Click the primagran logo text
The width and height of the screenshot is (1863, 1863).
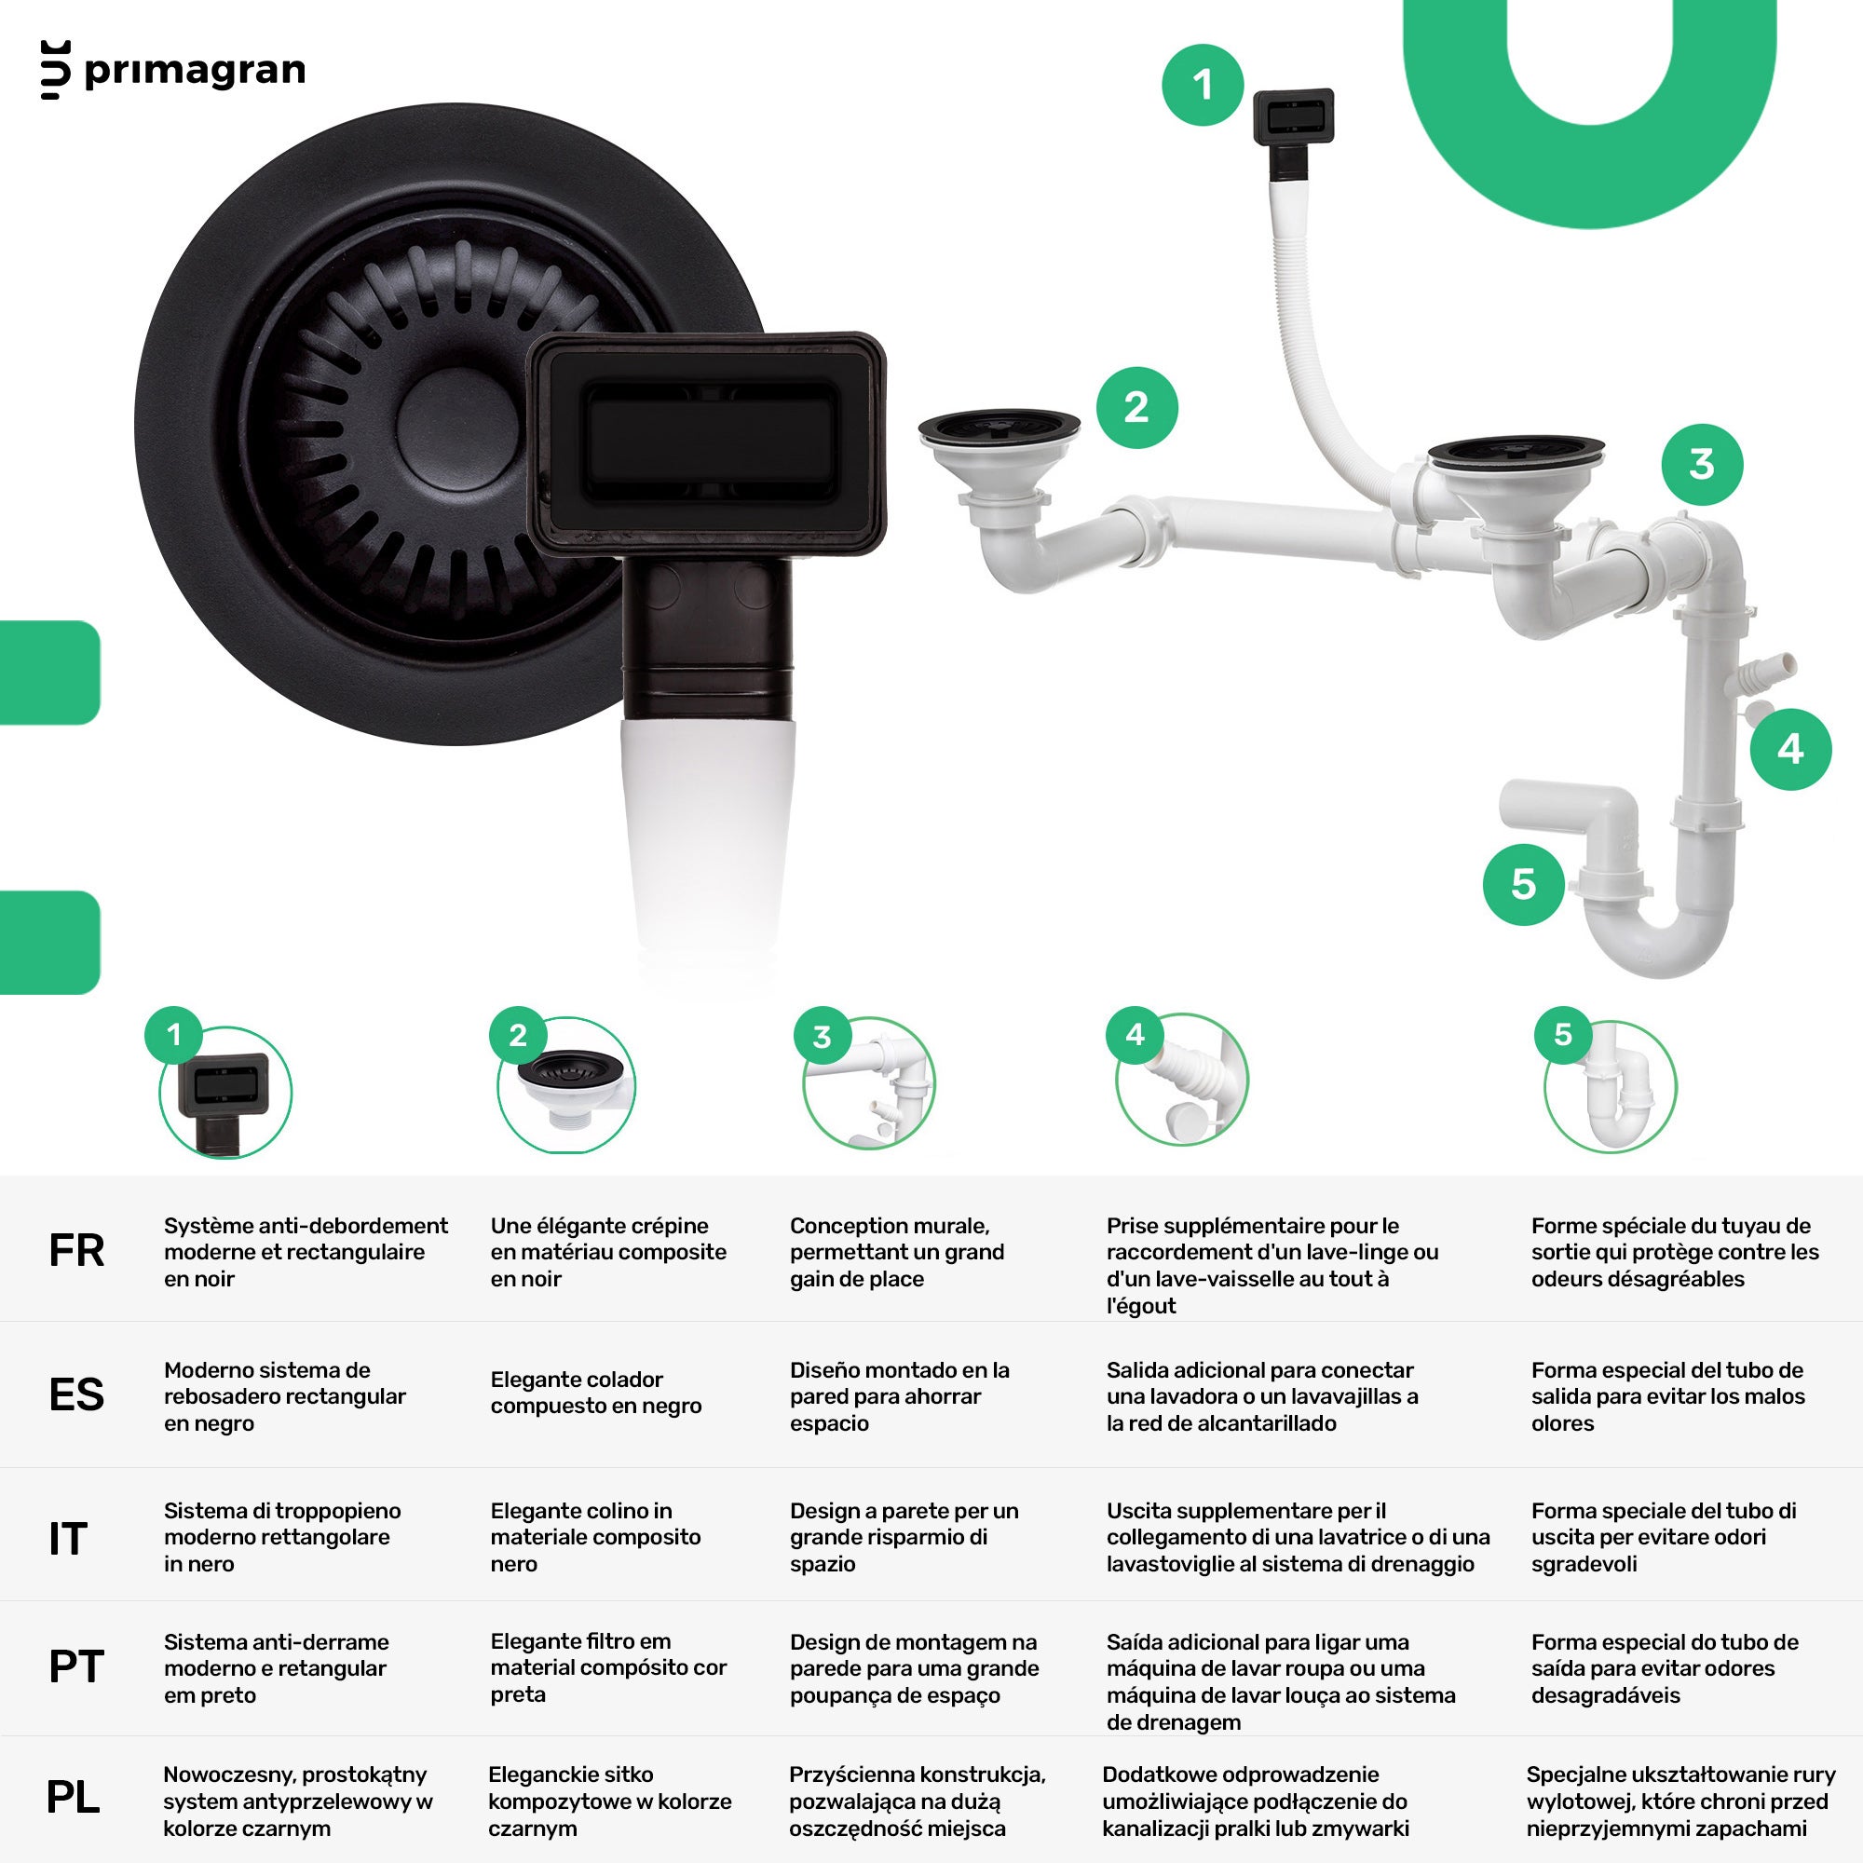click(x=195, y=72)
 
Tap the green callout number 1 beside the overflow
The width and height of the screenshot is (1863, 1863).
click(x=1203, y=85)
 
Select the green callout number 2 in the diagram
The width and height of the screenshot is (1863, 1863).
click(x=1136, y=408)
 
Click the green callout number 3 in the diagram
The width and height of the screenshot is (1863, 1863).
click(x=1702, y=465)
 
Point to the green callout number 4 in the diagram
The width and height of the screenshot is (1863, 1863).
click(x=1790, y=749)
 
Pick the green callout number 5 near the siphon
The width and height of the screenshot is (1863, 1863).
click(x=1524, y=884)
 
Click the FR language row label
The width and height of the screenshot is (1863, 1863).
click(x=76, y=1251)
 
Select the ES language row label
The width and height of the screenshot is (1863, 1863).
click(x=76, y=1394)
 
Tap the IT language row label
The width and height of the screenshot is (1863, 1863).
click(x=67, y=1539)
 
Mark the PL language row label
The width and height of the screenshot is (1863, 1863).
click(x=74, y=1797)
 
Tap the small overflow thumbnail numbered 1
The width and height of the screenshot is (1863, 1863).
click(x=225, y=1093)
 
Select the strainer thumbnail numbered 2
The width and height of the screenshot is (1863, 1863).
click(x=566, y=1085)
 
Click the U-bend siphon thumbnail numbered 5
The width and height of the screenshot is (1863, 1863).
click(x=1611, y=1087)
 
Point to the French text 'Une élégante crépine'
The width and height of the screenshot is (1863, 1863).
click(x=599, y=1226)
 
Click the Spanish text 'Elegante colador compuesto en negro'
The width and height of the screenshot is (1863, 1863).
click(x=596, y=1393)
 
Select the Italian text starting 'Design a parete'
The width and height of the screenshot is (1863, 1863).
click(x=904, y=1537)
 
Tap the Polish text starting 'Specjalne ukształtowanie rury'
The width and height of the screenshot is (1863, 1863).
click(x=1680, y=1802)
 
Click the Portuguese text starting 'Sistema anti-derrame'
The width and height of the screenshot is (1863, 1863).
click(x=276, y=1668)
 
